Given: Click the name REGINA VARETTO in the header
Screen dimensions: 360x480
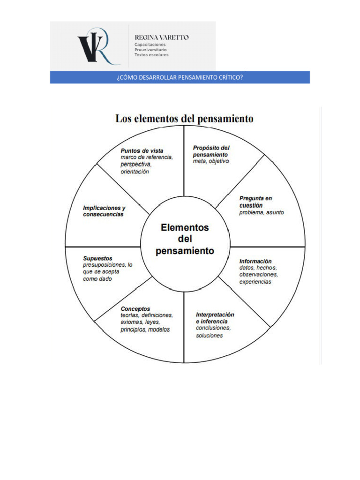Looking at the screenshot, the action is pos(161,37).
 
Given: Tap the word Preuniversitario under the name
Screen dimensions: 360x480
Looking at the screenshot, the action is pos(150,49).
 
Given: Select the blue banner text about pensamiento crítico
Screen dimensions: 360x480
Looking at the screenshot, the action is pos(180,77).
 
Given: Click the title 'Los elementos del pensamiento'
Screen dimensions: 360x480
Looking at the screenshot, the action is pos(184,119).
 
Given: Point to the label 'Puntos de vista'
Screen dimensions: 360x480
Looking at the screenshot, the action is pos(142,150).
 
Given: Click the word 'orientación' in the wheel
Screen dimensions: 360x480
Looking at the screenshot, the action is pos(135,172).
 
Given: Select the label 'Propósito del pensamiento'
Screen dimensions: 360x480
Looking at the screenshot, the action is pos(211,151).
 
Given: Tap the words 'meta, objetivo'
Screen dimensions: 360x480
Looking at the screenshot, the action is pos(211,161).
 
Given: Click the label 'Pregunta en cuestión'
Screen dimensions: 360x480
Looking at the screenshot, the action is pos(255,202).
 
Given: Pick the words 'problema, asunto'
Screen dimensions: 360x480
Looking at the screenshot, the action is pos(262,212).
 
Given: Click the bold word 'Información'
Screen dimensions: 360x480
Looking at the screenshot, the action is pos(255,261).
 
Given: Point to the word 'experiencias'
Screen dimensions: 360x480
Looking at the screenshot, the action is pos(255,282).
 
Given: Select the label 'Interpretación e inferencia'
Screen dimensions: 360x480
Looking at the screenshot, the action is pos(215,318).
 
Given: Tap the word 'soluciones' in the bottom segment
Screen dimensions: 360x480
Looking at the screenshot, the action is pos(209,336).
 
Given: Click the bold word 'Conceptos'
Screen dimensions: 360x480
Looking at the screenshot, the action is pos(135,308).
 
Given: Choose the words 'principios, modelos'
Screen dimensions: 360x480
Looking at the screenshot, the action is pos(145,330).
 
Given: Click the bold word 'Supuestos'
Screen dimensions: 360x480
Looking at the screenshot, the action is pos(97,258).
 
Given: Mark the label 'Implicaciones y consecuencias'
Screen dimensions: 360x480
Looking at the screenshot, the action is pos(104,211).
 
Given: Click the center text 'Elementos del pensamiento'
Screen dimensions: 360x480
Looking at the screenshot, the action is pos(185,239).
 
